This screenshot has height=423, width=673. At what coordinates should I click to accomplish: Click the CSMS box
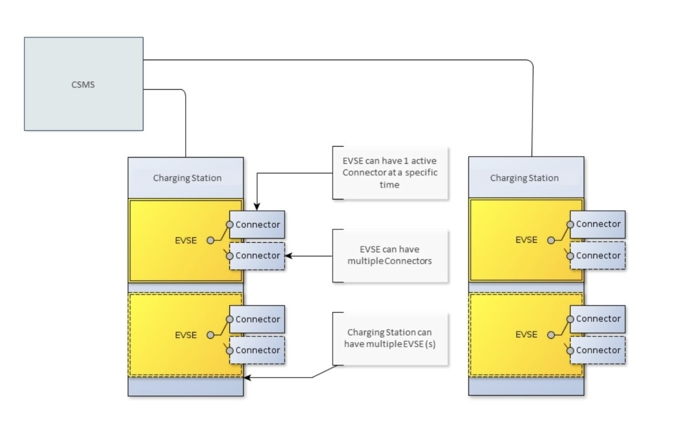click(83, 84)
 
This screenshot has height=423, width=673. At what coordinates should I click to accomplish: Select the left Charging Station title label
click(187, 178)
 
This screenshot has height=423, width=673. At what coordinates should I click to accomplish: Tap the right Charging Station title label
click(524, 178)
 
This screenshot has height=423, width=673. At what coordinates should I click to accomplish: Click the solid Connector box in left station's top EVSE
click(257, 224)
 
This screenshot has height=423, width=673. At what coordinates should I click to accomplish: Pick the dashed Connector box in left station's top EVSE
click(257, 255)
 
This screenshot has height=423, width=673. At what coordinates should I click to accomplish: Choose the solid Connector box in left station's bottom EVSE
click(257, 319)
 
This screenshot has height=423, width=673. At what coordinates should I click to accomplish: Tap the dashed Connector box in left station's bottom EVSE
click(257, 350)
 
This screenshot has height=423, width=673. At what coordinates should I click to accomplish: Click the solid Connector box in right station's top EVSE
click(598, 224)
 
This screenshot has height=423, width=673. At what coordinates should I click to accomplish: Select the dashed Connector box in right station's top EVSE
click(598, 255)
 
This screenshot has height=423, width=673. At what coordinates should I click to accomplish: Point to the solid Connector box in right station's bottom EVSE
click(598, 318)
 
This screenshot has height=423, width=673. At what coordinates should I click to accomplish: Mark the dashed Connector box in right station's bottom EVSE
click(598, 350)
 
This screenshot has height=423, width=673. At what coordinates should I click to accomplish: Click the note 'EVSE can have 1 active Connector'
click(390, 173)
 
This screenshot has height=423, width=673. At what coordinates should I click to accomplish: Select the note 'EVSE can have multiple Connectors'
click(390, 255)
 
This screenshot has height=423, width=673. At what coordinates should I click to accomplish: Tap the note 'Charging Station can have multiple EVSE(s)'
click(390, 338)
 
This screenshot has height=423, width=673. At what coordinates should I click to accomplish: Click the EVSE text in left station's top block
click(185, 241)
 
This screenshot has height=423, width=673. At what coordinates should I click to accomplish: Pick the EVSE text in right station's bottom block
click(526, 335)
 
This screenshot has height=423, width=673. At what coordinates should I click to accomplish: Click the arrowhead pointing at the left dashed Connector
click(288, 256)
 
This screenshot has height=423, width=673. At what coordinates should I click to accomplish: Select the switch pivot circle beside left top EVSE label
click(210, 241)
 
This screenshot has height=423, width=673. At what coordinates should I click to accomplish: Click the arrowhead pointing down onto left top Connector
click(257, 207)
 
